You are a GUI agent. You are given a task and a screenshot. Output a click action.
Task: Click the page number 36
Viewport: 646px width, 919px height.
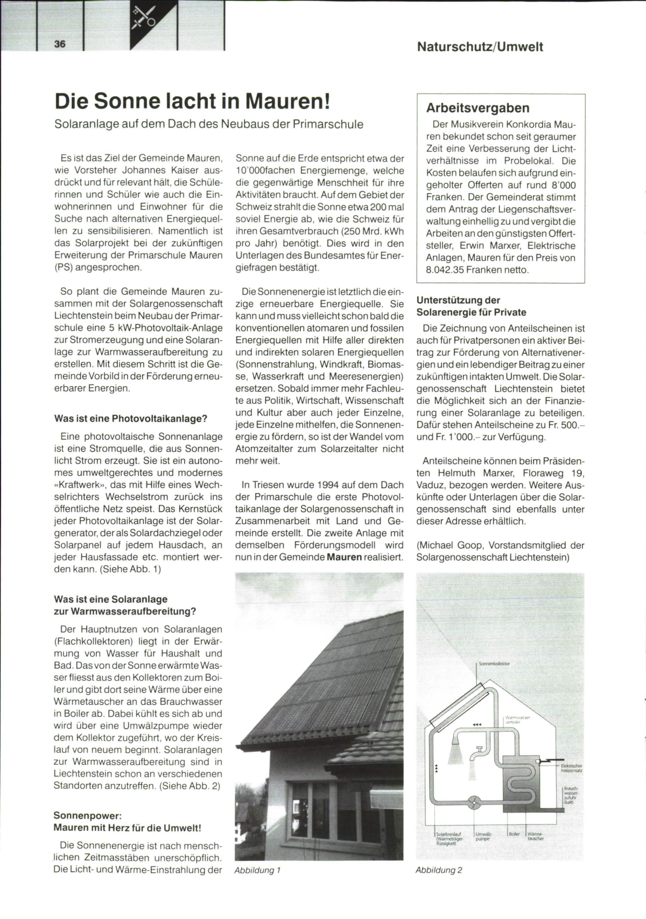(60, 44)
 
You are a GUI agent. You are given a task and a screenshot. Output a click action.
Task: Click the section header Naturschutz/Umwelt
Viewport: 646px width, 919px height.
(480, 47)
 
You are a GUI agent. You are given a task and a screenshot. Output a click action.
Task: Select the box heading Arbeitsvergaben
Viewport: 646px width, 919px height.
(478, 108)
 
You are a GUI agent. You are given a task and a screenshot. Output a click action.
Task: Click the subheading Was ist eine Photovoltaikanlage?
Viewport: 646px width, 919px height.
(131, 418)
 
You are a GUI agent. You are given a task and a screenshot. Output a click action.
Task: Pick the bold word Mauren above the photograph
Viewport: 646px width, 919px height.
(344, 557)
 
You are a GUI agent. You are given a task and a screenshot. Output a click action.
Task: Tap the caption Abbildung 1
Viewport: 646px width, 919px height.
(257, 870)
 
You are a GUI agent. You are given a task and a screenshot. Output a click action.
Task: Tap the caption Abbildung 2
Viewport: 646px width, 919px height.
(439, 870)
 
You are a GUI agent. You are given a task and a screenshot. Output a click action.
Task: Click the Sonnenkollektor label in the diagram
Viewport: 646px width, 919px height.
(494, 664)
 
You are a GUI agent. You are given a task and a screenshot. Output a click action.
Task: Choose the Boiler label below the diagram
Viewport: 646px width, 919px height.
(514, 834)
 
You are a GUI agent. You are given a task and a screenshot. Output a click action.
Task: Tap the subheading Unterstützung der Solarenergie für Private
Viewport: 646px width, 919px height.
(471, 307)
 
